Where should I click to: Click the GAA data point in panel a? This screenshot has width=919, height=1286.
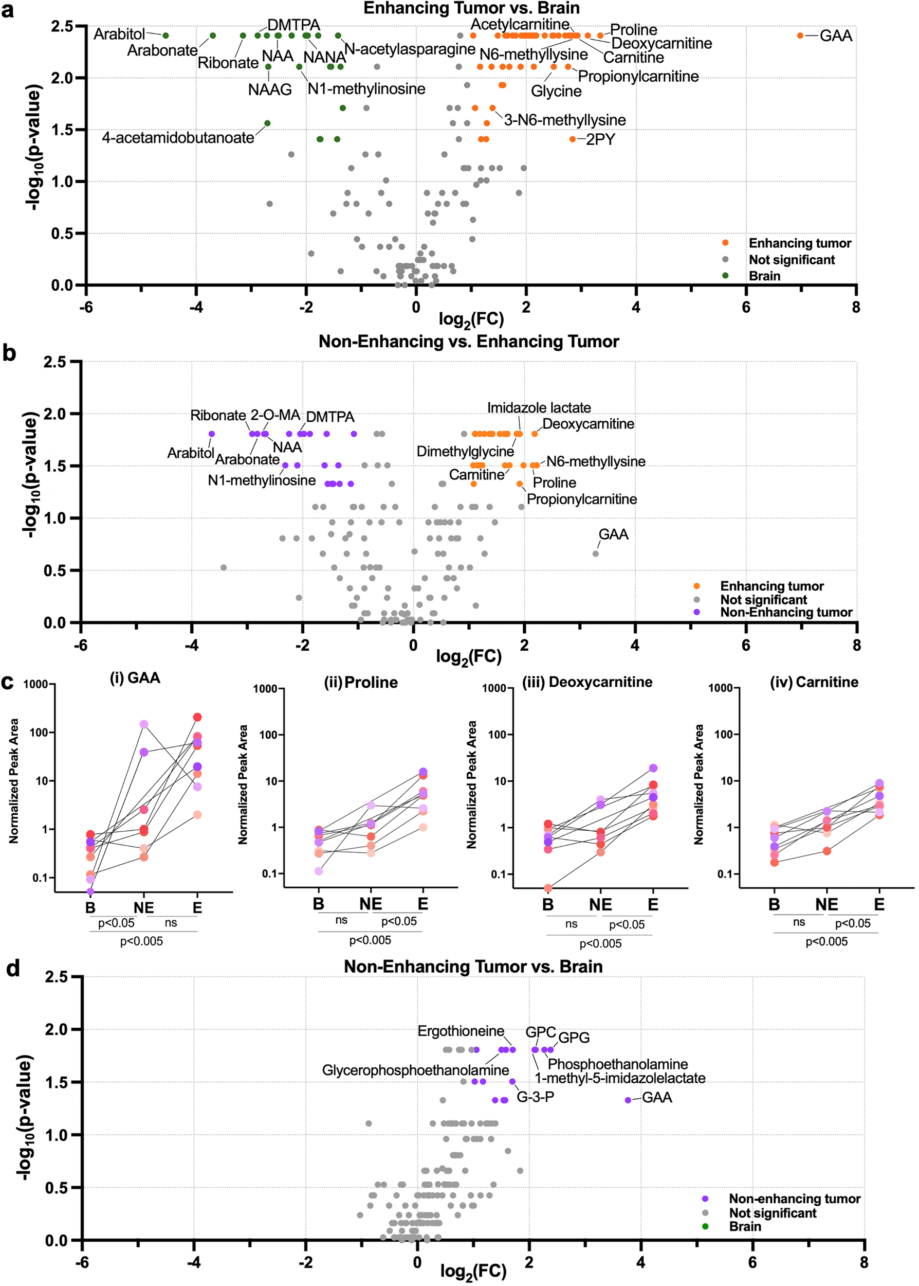(x=800, y=35)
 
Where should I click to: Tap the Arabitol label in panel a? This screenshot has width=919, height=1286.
(x=119, y=34)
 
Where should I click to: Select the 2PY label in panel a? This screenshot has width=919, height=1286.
(x=600, y=140)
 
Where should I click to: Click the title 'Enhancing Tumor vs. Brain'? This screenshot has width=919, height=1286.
(x=471, y=9)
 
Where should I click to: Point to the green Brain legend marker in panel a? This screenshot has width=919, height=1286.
(x=725, y=276)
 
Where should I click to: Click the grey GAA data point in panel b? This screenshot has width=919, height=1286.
(x=595, y=553)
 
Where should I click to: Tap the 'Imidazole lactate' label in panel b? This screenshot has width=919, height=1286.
(x=539, y=408)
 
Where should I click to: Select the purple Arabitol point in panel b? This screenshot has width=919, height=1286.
(x=212, y=434)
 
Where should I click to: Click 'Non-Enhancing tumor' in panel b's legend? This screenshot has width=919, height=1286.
(x=785, y=612)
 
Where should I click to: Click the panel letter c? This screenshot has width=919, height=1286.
(x=8, y=682)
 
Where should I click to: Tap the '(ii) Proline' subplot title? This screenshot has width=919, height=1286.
(x=360, y=683)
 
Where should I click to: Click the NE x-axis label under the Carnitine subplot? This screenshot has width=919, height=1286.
(x=826, y=905)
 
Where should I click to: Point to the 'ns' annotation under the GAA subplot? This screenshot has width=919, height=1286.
(x=171, y=923)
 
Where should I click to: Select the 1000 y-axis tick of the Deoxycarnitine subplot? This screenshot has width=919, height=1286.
(x=493, y=689)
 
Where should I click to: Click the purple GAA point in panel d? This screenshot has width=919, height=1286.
(x=628, y=1100)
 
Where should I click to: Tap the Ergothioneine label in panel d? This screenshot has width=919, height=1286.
(x=461, y=1031)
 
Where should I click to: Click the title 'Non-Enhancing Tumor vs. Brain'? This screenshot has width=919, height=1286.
(x=473, y=967)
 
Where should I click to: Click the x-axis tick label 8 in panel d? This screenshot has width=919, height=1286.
(x=863, y=1262)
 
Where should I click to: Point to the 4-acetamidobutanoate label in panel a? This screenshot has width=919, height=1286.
(x=178, y=138)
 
